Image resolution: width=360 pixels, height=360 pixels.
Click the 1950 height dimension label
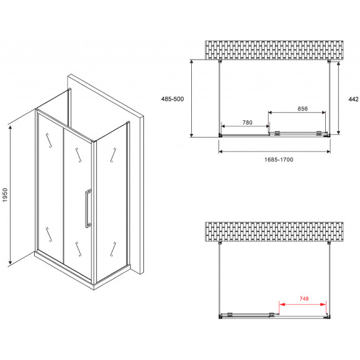tap(5, 195)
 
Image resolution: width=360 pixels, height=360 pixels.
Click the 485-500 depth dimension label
tap(173, 99)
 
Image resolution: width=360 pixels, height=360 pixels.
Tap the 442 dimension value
tap(353, 99)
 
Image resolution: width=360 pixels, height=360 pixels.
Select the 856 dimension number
tap(303, 109)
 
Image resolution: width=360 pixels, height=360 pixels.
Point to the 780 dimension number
tap(247, 123)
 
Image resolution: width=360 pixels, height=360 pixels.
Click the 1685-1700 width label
tap(279, 160)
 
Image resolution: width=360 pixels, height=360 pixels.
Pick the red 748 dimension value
tap(304, 299)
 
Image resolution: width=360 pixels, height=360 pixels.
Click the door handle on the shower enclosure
tap(88, 209)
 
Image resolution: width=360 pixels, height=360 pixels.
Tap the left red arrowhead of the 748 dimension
tap(282, 304)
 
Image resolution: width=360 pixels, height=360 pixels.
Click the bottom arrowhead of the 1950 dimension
tap(10, 261)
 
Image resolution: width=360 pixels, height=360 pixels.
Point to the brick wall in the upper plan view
tap(274, 50)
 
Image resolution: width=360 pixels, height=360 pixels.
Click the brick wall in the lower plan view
tap(274, 232)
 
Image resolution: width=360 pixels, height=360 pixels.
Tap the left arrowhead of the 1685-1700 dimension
tap(221, 151)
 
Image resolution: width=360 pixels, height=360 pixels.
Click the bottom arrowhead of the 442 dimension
tap(338, 132)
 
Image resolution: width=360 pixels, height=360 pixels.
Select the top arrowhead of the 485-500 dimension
tap(192, 63)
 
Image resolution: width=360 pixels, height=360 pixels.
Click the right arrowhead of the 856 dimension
tap(323, 112)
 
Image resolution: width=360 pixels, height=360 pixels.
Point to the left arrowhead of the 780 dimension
tap(223, 126)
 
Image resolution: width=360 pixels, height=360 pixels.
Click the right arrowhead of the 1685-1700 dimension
tap(328, 151)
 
